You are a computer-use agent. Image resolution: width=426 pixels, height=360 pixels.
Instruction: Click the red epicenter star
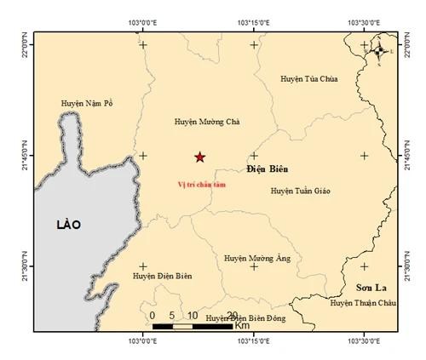pos(200,157)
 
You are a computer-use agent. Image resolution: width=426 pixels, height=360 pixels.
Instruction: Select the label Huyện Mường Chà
pos(206,122)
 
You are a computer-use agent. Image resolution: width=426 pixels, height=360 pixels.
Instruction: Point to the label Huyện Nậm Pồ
pos(87,103)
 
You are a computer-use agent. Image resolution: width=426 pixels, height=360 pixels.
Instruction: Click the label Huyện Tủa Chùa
pos(309,79)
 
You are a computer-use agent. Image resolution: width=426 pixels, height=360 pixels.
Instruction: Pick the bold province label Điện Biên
pos(267,169)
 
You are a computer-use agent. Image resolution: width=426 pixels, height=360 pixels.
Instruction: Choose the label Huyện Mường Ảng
pos(255,256)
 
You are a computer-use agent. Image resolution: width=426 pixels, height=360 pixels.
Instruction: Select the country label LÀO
pos(67,225)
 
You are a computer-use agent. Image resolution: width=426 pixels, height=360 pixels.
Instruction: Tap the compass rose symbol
pos(380,52)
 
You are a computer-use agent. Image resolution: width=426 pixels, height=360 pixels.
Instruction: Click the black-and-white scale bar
pos(193,326)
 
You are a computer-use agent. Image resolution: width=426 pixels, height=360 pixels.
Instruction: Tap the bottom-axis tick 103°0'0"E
pos(143,341)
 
